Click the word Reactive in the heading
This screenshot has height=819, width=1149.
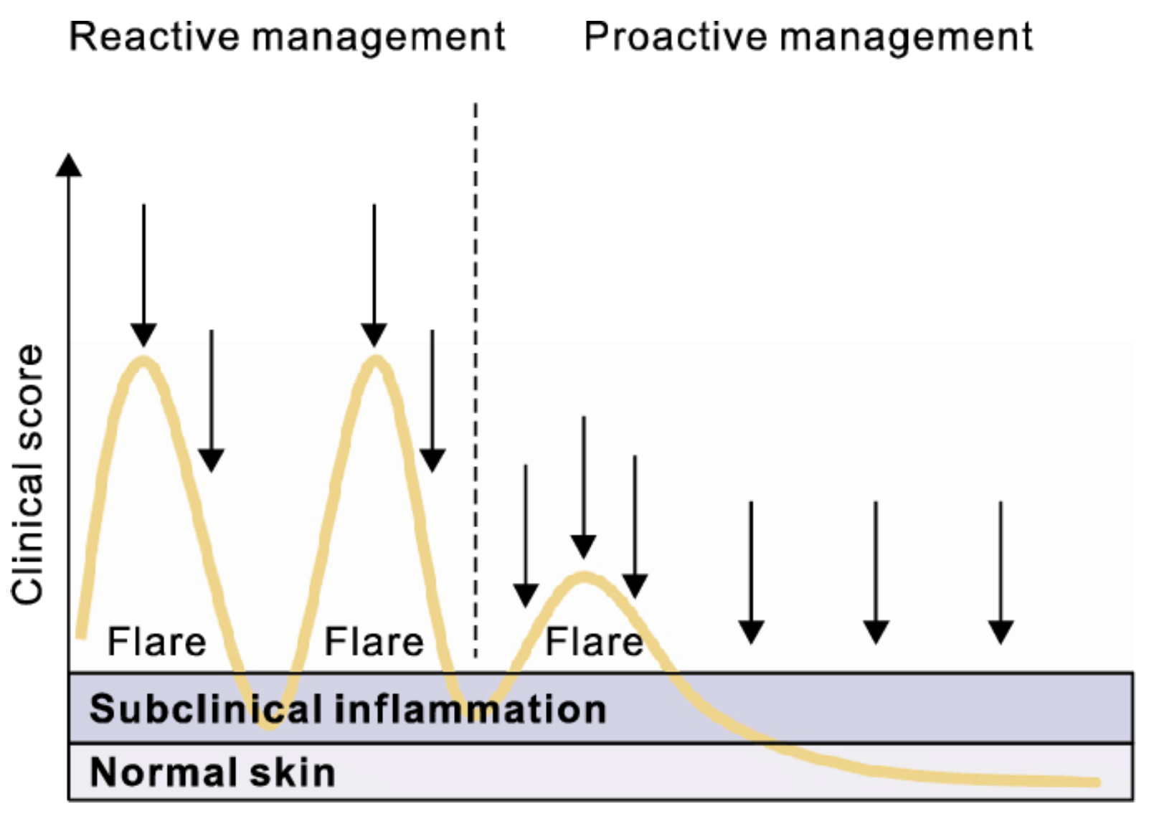pos(154,37)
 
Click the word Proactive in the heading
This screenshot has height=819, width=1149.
pos(674,37)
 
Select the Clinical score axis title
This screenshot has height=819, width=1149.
pos(27,474)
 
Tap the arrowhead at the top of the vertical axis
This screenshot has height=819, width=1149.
pos(69,165)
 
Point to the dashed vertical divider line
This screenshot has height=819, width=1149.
pos(476,379)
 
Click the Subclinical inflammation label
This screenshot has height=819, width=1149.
pos(348,709)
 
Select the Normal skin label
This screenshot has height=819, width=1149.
pos(212,772)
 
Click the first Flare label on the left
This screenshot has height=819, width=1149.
pos(156,642)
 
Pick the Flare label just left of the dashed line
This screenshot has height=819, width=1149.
pos(374,642)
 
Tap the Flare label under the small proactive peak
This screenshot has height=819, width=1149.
pos(594,642)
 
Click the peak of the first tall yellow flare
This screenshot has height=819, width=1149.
pos(143,361)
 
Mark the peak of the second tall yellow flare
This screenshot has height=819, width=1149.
pos(376,361)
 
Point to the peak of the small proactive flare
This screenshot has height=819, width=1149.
pos(584,577)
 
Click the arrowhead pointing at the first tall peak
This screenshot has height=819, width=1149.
pos(143,336)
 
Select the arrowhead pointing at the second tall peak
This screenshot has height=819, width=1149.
pos(374,336)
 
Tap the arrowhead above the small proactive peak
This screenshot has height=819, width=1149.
pos(583,546)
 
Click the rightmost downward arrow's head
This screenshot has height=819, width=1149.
pos(1001,633)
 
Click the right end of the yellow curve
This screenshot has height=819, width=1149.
pos(1097,782)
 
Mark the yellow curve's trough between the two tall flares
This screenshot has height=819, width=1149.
pos(269,723)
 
